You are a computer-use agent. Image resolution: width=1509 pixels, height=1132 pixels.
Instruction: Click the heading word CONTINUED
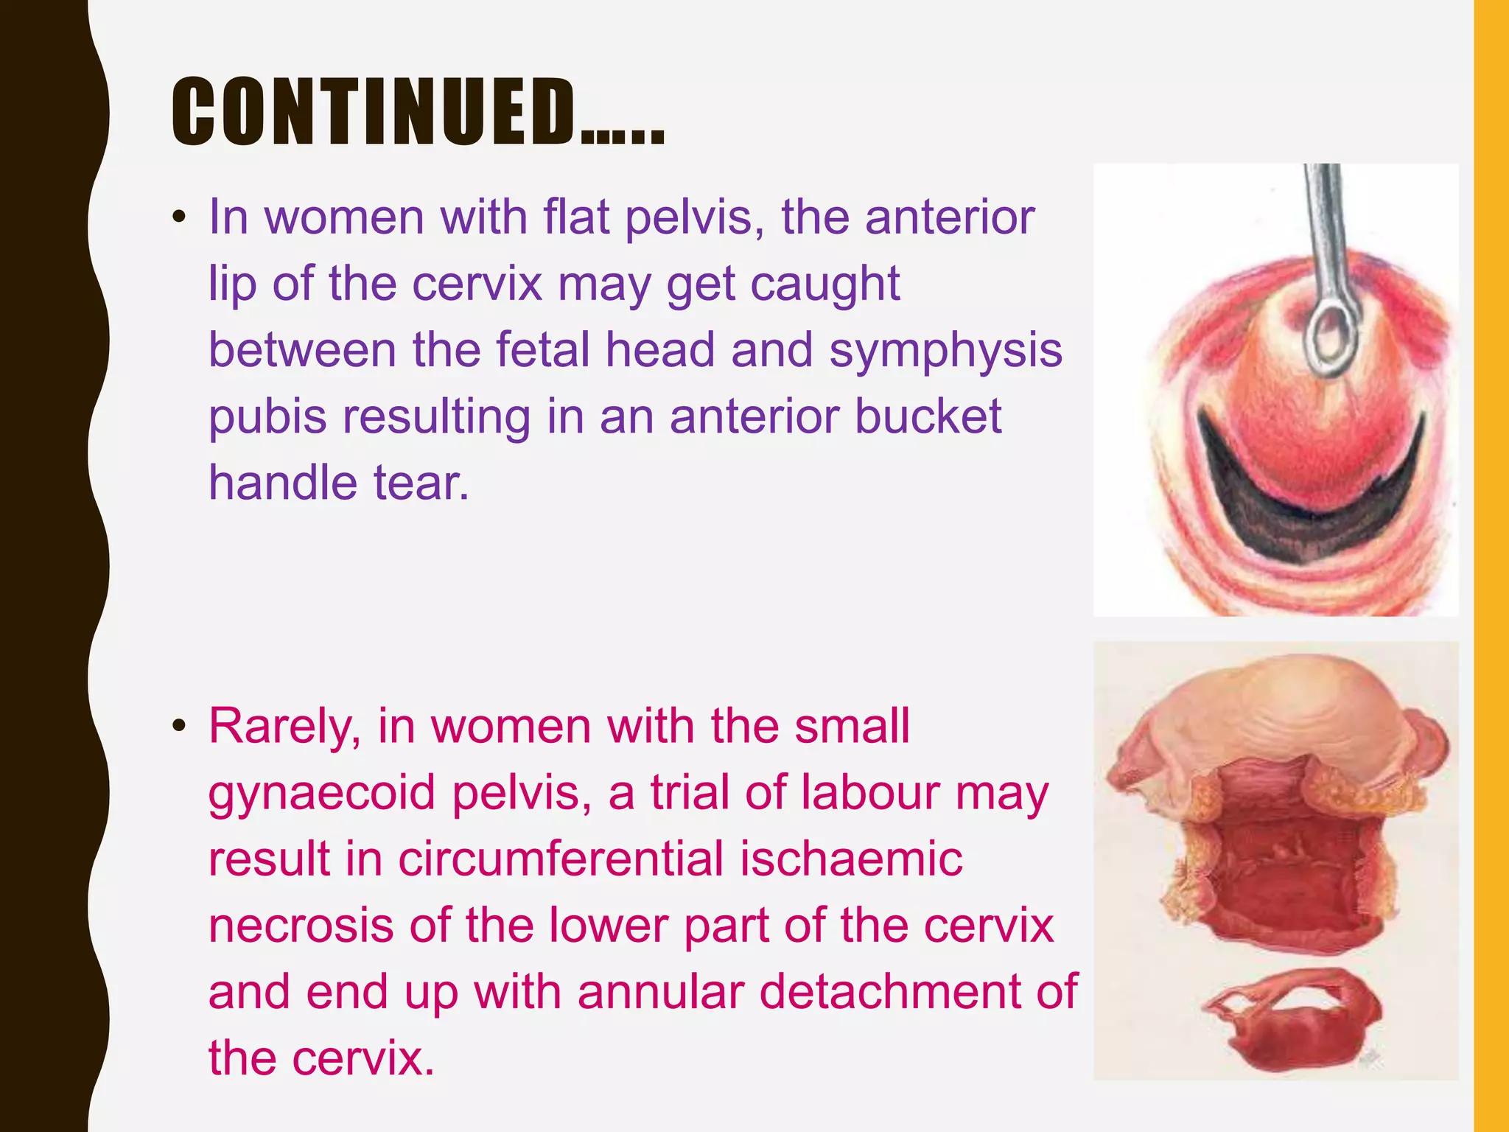pos(374,112)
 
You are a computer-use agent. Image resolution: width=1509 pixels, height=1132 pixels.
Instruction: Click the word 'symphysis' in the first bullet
pos(945,350)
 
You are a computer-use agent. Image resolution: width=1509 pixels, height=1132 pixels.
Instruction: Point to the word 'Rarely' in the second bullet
pos(284,727)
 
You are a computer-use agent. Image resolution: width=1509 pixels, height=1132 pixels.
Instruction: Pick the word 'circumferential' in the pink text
pos(560,859)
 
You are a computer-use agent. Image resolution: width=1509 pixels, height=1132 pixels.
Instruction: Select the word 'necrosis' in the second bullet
pos(301,926)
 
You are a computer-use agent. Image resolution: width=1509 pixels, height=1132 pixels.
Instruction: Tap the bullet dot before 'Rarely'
pos(178,727)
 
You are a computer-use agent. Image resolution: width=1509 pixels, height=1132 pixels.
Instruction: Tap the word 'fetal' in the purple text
pos(542,350)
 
